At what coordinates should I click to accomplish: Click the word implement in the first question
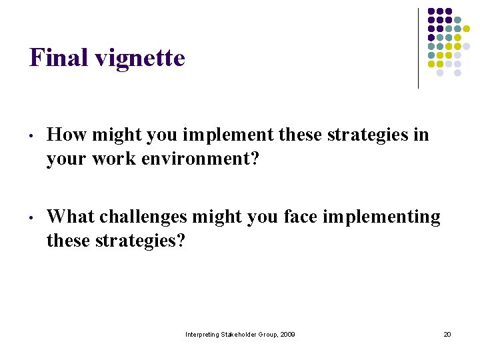228,136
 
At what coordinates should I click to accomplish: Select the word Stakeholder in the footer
242,334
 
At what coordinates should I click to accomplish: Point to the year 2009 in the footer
287,334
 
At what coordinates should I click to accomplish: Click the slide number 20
447,334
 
